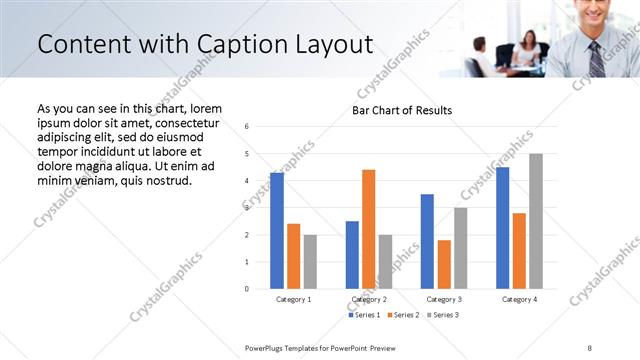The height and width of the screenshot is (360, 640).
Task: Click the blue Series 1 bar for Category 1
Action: point(277,231)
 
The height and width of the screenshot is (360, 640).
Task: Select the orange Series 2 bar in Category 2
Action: point(369,229)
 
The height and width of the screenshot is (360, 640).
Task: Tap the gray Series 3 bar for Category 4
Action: point(536,221)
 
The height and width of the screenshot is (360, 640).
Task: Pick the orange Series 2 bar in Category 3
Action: point(444,264)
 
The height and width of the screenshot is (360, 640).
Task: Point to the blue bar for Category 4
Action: point(502,228)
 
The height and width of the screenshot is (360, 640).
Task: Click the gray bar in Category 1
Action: point(311,262)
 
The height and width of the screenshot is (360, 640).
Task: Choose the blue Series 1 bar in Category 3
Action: point(427,241)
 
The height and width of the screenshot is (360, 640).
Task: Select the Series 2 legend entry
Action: point(402,315)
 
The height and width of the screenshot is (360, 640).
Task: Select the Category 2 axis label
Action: point(369,299)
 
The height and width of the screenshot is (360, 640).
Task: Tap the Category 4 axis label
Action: point(519,299)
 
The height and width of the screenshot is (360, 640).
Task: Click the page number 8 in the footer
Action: point(590,347)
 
